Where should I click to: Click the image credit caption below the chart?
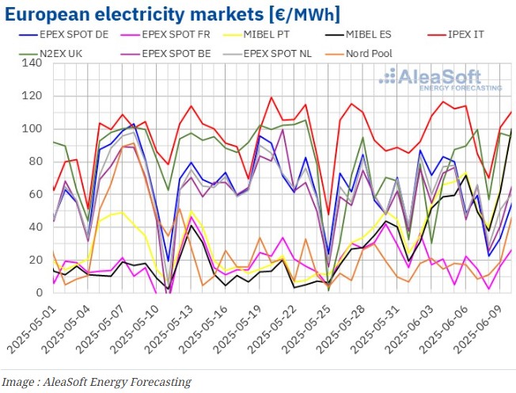coord(97,382)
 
